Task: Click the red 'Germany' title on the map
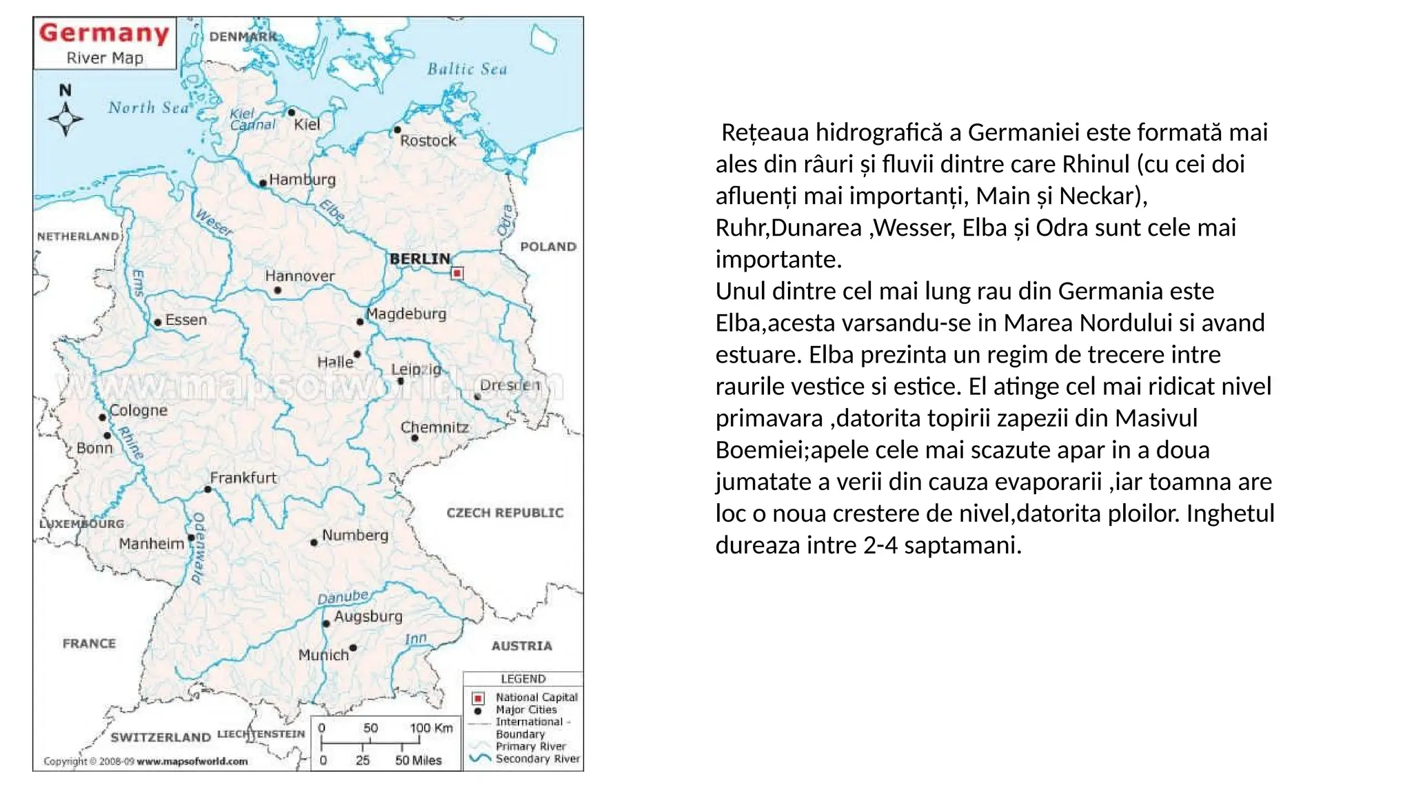tap(104, 33)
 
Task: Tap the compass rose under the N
tap(65, 119)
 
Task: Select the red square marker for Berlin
tap(457, 274)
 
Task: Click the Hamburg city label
tap(302, 180)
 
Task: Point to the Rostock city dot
tap(397, 130)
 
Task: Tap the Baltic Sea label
tap(467, 69)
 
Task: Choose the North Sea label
tap(148, 108)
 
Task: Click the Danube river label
tap(343, 597)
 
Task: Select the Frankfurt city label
tap(243, 478)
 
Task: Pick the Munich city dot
tap(353, 648)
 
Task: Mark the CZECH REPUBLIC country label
tap(505, 513)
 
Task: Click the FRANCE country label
tap(89, 644)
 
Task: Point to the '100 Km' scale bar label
tap(431, 728)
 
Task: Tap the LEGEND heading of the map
tap(523, 679)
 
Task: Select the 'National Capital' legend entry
tap(536, 698)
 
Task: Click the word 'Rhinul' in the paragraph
tap(1096, 164)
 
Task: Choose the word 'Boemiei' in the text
tap(758, 449)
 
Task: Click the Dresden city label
tap(510, 385)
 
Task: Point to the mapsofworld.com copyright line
tap(145, 762)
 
